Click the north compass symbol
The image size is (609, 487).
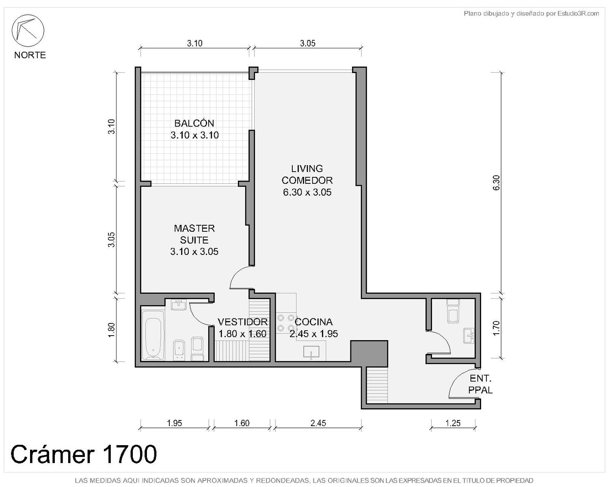click(28, 30)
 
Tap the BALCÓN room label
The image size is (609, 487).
click(194, 123)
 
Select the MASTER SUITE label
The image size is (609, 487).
click(194, 234)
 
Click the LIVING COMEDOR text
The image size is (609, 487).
click(307, 175)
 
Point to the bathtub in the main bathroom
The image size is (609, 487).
click(153, 336)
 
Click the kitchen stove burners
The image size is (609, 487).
click(286, 323)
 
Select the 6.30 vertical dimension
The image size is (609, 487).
click(496, 183)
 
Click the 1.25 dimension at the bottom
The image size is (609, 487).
click(453, 423)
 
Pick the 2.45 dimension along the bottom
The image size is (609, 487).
click(318, 423)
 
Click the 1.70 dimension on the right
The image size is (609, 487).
click(496, 328)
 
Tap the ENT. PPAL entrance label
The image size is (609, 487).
click(481, 384)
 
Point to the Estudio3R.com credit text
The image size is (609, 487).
click(531, 13)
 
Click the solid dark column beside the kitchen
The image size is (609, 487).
click(369, 354)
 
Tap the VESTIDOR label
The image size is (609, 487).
click(242, 322)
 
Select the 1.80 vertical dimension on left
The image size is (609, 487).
click(112, 330)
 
